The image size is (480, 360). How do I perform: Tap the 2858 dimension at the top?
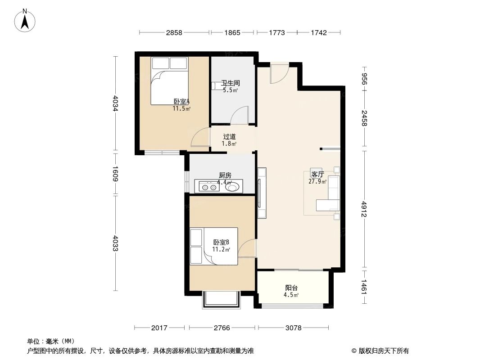click(x=174, y=32)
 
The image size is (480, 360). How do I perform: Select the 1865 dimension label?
click(x=232, y=32)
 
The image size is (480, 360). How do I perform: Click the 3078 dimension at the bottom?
click(x=293, y=328)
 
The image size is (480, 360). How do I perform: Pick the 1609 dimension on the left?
click(x=115, y=174)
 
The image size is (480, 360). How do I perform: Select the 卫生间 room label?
click(x=230, y=83)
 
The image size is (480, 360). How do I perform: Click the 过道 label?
click(x=229, y=136)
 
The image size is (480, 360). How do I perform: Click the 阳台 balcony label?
click(x=291, y=288)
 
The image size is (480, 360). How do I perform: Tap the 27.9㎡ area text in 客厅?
click(x=317, y=182)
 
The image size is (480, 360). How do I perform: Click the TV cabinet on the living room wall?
click(x=261, y=193)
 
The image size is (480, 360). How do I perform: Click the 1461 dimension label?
click(x=365, y=287)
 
